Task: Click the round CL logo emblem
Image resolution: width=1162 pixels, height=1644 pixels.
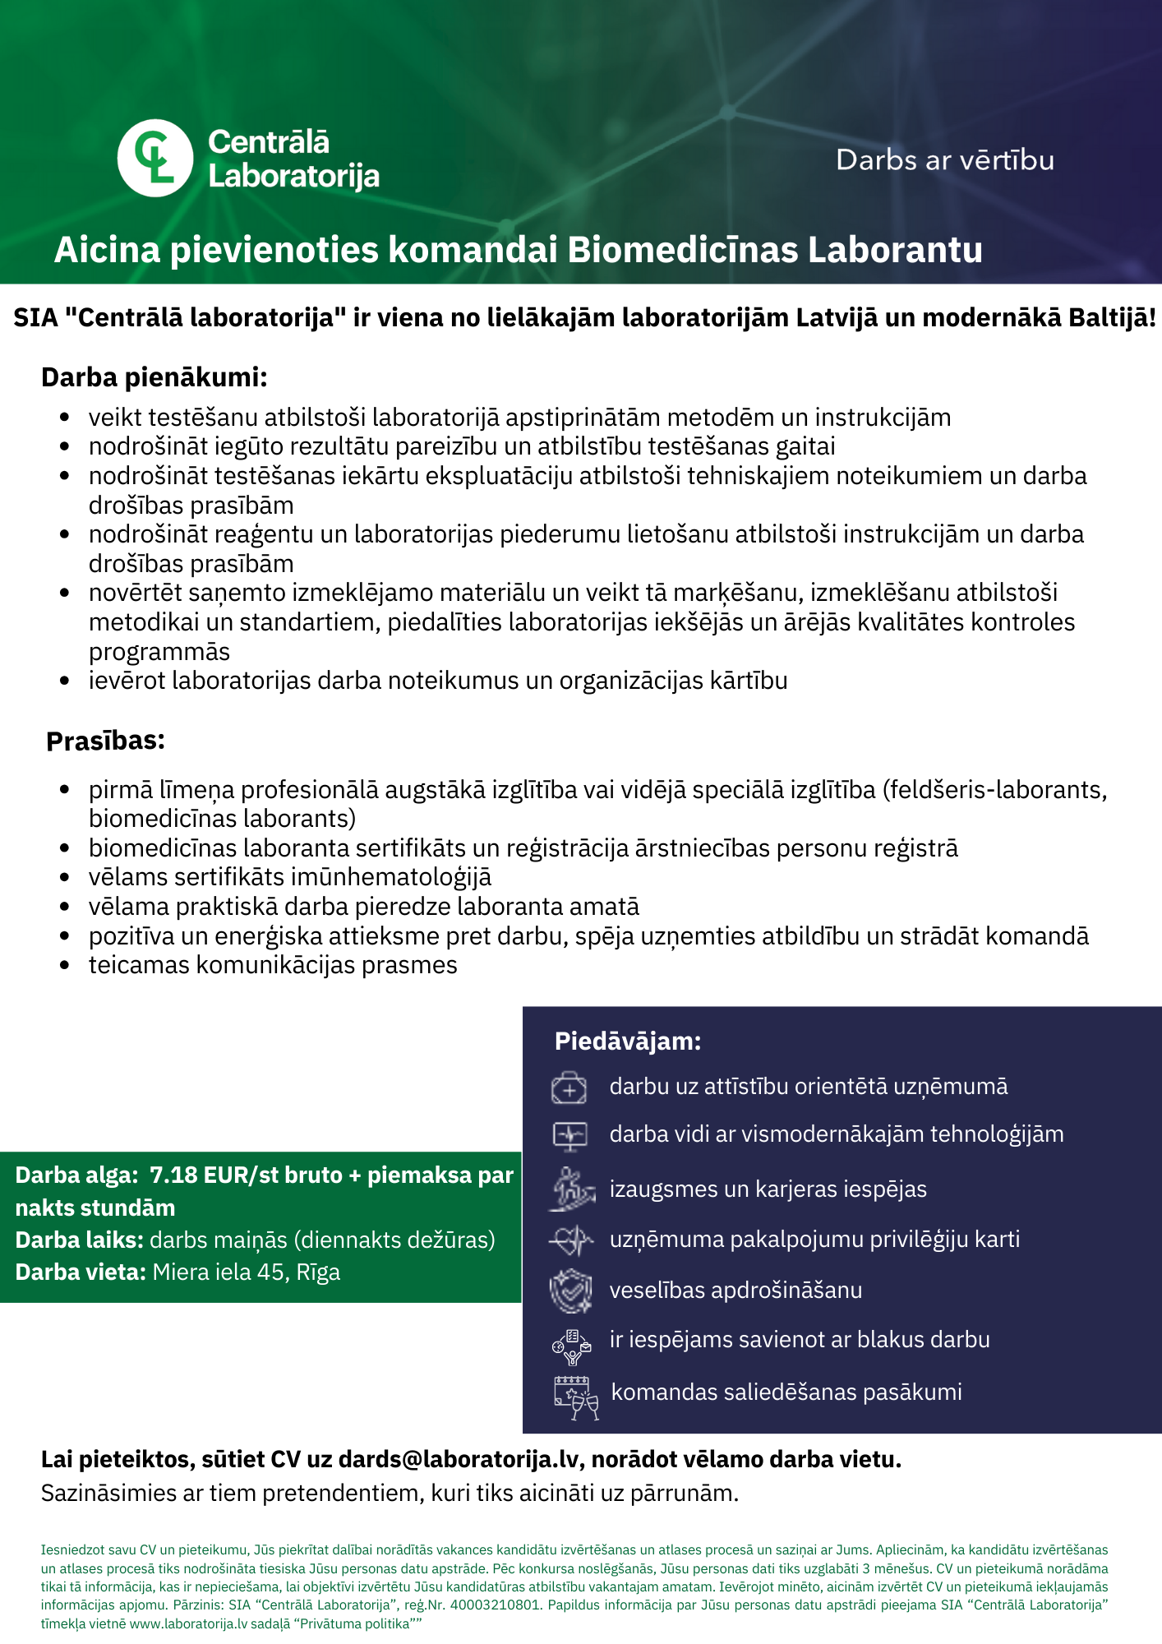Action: coord(155,158)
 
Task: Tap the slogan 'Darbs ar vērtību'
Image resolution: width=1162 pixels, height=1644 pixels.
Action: coord(944,160)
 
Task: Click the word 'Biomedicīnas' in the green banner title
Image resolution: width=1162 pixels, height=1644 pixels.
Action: coord(682,250)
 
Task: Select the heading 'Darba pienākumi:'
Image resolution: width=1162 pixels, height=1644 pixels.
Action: coord(154,377)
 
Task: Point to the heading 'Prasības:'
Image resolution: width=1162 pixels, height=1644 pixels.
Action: coord(105,741)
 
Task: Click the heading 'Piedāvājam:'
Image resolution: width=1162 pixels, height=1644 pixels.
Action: coord(628,1041)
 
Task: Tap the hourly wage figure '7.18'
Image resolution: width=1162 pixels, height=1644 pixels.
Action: coord(173,1175)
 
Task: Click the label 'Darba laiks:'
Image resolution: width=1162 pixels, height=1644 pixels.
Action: coord(80,1240)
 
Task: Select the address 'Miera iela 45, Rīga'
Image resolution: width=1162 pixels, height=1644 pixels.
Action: coord(247,1272)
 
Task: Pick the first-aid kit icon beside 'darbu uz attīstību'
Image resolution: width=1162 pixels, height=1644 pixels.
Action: coord(569,1088)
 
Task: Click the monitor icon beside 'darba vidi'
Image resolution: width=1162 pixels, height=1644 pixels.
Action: coord(569,1136)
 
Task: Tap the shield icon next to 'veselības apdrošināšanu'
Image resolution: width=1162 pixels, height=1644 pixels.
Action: coord(570,1290)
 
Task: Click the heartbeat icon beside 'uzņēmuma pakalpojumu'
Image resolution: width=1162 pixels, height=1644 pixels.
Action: coord(570,1240)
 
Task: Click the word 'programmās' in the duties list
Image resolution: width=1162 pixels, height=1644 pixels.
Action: coord(159,652)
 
